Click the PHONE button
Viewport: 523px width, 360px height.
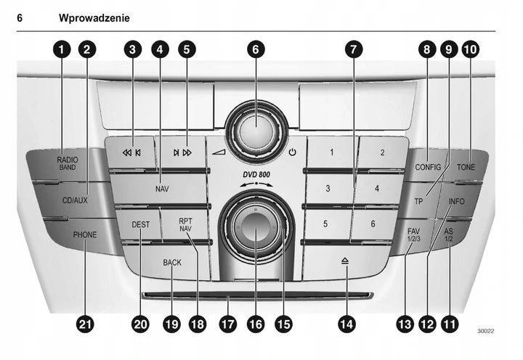(84, 234)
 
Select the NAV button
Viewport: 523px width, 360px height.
(161, 188)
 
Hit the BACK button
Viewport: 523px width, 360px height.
(172, 263)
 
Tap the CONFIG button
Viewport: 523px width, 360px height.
(428, 167)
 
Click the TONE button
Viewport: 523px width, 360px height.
(466, 167)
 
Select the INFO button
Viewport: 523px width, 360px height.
(457, 201)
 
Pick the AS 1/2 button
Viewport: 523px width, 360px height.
(449, 234)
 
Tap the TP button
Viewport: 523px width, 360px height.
(418, 200)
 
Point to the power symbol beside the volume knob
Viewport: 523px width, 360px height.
(293, 152)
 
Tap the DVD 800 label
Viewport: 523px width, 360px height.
(254, 174)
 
